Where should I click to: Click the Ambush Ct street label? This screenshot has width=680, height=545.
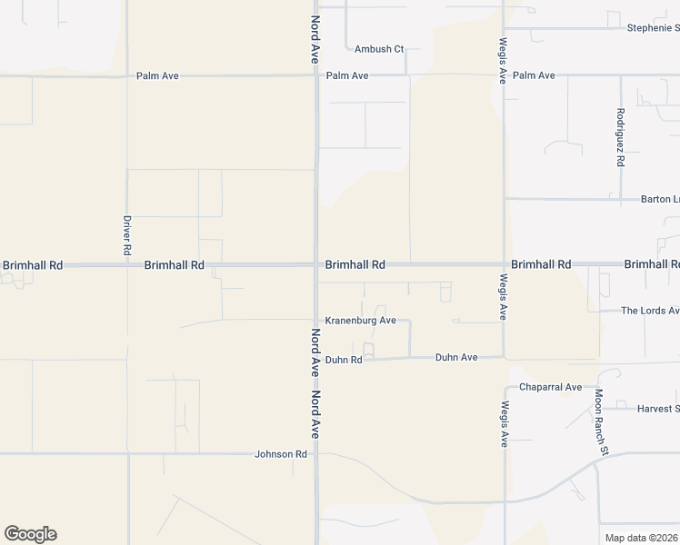point(379,49)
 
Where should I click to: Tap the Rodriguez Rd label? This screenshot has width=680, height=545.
point(620,137)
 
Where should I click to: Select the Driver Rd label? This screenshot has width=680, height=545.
point(128,234)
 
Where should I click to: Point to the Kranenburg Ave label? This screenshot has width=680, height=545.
point(361,321)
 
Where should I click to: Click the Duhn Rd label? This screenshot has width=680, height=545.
point(344,360)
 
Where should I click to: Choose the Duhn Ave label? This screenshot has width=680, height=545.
point(456,358)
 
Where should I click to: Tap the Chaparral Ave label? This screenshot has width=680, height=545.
point(550,387)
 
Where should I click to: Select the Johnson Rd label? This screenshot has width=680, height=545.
point(281,453)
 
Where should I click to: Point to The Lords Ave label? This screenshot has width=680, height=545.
point(650,311)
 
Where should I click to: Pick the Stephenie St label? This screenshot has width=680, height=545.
point(653,28)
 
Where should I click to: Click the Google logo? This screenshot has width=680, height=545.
point(30,534)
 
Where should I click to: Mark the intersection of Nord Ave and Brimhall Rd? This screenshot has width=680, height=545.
point(315,265)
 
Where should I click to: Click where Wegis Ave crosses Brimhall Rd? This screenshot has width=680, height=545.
point(505,265)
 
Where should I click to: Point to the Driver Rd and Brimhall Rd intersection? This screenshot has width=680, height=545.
point(128,265)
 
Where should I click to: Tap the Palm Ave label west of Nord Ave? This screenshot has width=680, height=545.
point(157,76)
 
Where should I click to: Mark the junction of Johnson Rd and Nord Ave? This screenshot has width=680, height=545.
point(315,453)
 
